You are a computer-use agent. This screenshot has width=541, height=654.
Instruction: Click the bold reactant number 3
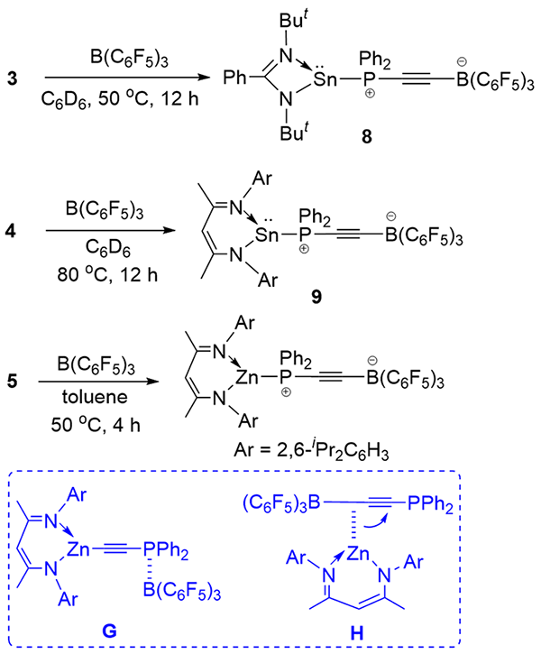pos(12,78)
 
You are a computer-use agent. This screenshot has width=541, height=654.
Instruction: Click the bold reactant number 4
pos(11,231)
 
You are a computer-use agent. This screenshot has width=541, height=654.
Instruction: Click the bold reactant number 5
pos(12,381)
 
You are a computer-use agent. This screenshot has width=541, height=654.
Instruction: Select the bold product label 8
pos(367,136)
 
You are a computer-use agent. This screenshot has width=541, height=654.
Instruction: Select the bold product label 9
pos(316,297)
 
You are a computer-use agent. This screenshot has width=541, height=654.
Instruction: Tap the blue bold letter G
pos(110,631)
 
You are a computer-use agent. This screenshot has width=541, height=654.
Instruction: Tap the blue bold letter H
pos(357,633)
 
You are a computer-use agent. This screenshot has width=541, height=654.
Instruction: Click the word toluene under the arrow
pos(95,397)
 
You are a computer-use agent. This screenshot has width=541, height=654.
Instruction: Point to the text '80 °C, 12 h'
pos(107,275)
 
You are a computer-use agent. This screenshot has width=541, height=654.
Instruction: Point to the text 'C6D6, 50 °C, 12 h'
pos(120,99)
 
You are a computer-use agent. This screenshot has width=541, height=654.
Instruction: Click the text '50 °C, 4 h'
pos(96,425)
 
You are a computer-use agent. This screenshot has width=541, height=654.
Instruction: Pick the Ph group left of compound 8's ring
pos(235,78)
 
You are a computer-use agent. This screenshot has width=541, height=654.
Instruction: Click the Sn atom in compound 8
pos(326,78)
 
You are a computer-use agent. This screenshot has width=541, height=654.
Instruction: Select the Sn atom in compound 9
pos(266,235)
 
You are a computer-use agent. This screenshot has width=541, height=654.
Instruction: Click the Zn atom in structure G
pos(78,548)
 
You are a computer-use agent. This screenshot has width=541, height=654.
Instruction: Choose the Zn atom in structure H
pos(358,554)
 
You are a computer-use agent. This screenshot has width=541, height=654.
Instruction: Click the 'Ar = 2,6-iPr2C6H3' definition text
pos(311,450)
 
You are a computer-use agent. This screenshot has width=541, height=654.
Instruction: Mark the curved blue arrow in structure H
pos(375,523)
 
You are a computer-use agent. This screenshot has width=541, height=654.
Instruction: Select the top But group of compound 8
pos(294,21)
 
